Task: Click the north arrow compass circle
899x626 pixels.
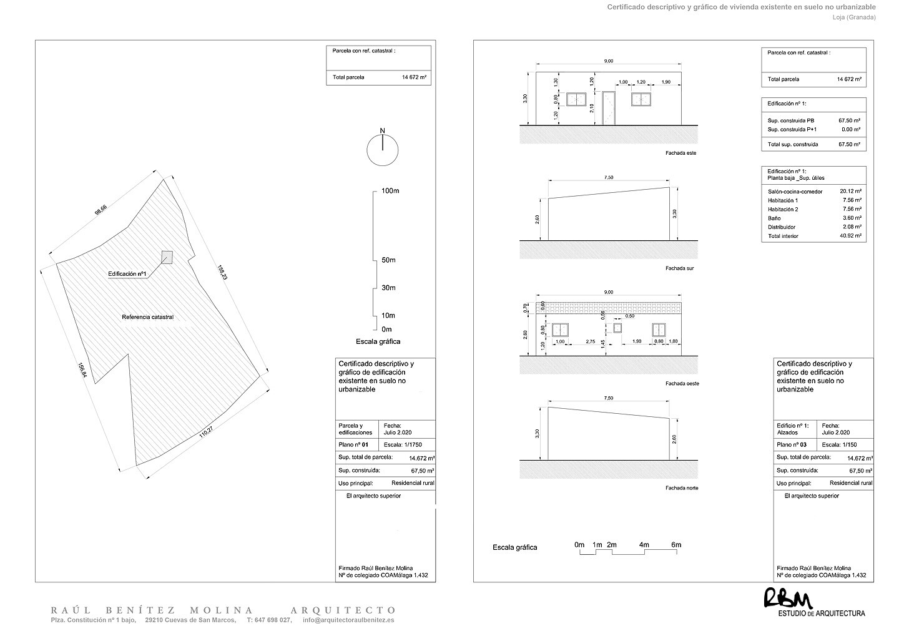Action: [x=383, y=150]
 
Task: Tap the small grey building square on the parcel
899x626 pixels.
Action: [x=167, y=257]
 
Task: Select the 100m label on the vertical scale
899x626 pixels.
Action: [x=390, y=190]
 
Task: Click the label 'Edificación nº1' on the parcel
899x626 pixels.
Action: [x=127, y=274]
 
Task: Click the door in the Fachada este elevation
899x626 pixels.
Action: [x=609, y=107]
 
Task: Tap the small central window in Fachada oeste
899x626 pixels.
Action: [x=618, y=328]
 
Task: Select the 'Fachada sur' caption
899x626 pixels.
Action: [x=680, y=268]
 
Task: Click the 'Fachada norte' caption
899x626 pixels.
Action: [x=682, y=488]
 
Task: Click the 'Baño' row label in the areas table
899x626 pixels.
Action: [x=774, y=218]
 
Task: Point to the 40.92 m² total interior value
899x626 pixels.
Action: [x=851, y=237]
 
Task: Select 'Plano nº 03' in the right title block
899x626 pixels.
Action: [x=792, y=445]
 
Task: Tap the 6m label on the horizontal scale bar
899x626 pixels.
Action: [x=676, y=545]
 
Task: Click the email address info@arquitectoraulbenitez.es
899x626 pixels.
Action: [x=348, y=620]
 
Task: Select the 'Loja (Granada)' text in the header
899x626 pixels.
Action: [x=853, y=17]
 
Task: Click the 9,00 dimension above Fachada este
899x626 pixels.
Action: [x=609, y=61]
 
